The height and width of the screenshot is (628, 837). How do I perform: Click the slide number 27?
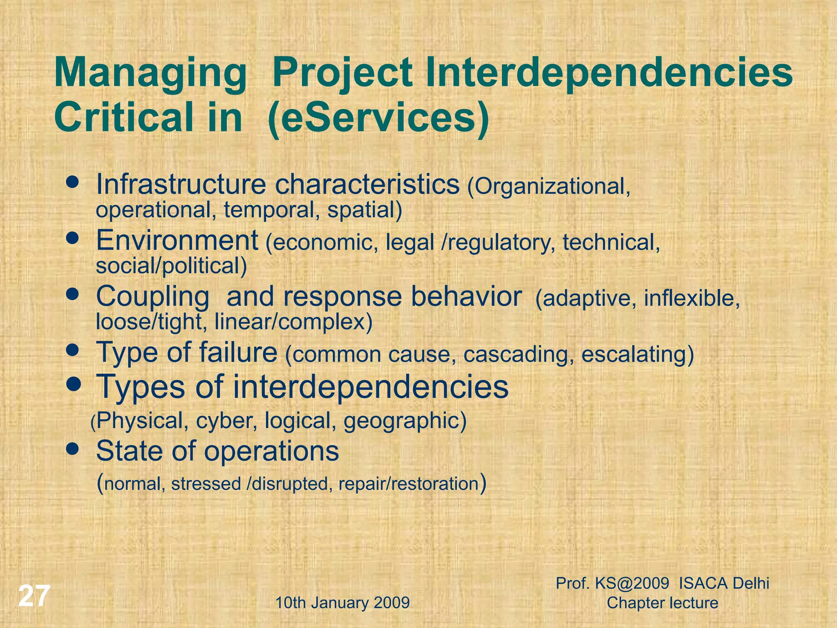click(x=34, y=597)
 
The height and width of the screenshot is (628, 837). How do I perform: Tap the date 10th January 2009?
click(x=342, y=603)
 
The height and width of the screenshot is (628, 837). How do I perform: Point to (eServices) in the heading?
click(x=378, y=117)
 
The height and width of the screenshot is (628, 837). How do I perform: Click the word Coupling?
click(x=152, y=297)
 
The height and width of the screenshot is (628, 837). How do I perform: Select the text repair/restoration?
click(x=408, y=484)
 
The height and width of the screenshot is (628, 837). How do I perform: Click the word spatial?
click(x=364, y=210)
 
